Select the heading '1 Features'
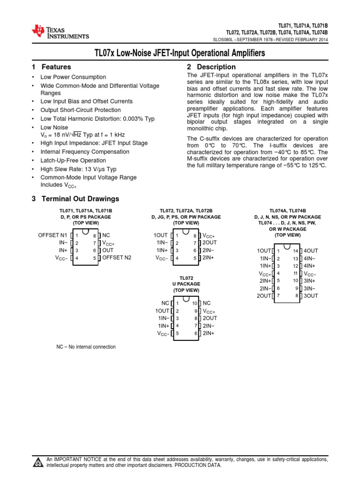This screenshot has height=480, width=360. click(x=51, y=67)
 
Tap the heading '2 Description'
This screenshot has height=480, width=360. click(x=211, y=67)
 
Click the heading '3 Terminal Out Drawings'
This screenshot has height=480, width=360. click(x=75, y=199)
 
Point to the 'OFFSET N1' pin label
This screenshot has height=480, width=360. click(x=53, y=235)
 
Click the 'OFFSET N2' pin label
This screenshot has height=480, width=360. click(x=117, y=257)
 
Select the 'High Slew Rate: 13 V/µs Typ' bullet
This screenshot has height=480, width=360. click(x=79, y=169)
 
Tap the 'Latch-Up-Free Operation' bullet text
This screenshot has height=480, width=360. click(x=73, y=160)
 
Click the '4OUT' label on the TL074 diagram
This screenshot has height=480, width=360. click(x=311, y=251)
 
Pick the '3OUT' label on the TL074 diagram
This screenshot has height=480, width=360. click(x=311, y=296)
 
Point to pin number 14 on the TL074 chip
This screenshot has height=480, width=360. click(x=296, y=251)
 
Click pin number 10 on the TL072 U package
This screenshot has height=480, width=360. click(x=195, y=303)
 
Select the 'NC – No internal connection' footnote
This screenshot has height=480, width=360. click(x=86, y=347)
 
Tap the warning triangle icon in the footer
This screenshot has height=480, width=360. click(x=37, y=463)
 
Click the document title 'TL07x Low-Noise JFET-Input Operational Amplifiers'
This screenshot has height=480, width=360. click(x=180, y=53)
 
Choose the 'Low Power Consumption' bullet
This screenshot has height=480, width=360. click(x=74, y=77)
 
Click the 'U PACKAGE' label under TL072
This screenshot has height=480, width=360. click(x=186, y=284)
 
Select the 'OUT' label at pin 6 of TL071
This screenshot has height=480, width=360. click(x=108, y=250)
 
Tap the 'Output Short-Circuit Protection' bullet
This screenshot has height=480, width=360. click(x=80, y=110)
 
